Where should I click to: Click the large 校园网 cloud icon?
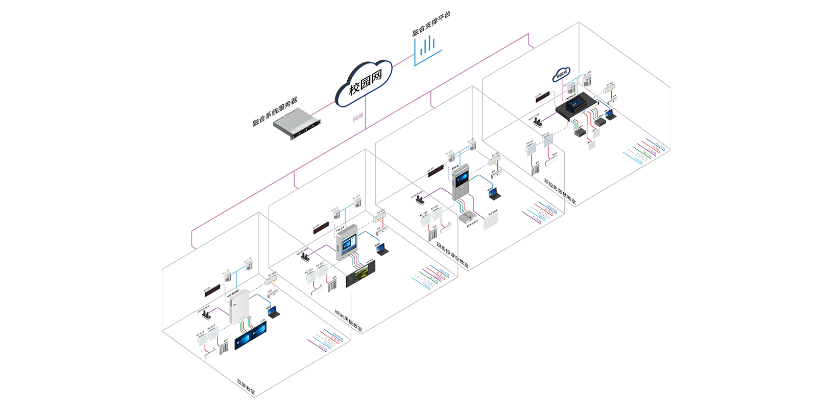click(x=364, y=83)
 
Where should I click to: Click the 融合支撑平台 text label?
click(x=431, y=24)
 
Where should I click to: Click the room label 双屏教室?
click(x=246, y=387)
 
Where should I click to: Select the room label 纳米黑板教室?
click(x=348, y=321)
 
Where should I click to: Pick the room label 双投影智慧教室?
click(x=560, y=191)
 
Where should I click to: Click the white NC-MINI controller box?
click(x=238, y=306)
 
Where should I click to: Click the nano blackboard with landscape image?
click(x=361, y=274)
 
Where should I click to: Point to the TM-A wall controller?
click(x=461, y=181)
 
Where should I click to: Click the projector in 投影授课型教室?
click(x=467, y=218)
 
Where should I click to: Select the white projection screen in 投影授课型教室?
click(x=490, y=220)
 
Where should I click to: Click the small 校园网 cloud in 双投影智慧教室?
click(x=561, y=75)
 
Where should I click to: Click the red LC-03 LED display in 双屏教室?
click(x=212, y=291)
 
